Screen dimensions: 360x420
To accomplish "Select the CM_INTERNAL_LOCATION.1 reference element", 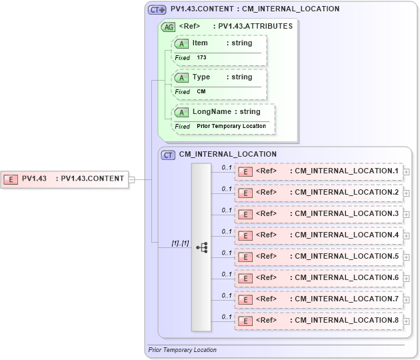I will pyautogui.click(x=319, y=171).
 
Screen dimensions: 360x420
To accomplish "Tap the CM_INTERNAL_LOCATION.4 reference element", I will pyautogui.click(x=319, y=235).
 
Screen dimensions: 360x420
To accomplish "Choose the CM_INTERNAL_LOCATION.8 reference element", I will pyautogui.click(x=319, y=321).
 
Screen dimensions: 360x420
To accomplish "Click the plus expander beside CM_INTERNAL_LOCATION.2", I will pyautogui.click(x=406, y=193).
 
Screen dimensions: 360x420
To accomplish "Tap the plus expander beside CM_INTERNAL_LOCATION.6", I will pyautogui.click(x=406, y=279).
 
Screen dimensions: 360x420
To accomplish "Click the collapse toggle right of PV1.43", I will pyautogui.click(x=132, y=179).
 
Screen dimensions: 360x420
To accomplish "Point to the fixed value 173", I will pyautogui.click(x=201, y=58).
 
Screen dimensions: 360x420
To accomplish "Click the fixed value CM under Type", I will pyautogui.click(x=201, y=92).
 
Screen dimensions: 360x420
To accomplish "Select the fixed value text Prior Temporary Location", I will pyautogui.click(x=231, y=127).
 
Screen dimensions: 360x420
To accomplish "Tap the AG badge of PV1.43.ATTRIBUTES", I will pyautogui.click(x=169, y=27).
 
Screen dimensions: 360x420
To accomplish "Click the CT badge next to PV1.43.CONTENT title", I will pyautogui.click(x=157, y=10).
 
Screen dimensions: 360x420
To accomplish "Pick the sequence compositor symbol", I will pyautogui.click(x=201, y=247).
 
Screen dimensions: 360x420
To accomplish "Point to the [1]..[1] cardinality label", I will pyautogui.click(x=180, y=243).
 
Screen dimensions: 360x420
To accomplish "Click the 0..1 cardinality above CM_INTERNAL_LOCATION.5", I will pyautogui.click(x=227, y=253).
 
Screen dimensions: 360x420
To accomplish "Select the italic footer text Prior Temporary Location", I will pyautogui.click(x=182, y=350).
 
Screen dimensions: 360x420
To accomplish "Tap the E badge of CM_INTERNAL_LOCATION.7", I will pyautogui.click(x=245, y=300).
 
